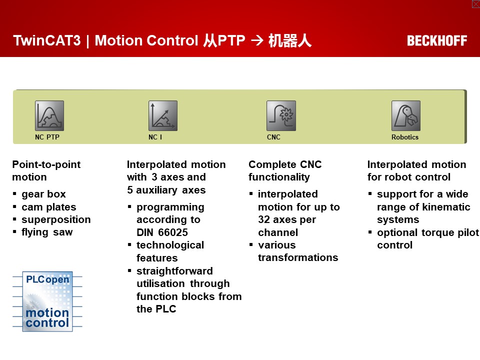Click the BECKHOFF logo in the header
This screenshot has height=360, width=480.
coord(437,40)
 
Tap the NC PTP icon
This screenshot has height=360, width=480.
coord(49,115)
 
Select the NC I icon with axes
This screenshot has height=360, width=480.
coord(163,115)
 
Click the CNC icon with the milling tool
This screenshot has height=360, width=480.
coord(281,115)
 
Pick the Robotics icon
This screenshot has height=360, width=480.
coord(406,115)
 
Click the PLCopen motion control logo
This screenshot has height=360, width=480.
coord(47,301)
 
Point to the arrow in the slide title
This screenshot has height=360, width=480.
coord(257,40)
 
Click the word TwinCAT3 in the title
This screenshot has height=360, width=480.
coord(47,40)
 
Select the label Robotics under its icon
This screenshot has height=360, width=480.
coord(404,137)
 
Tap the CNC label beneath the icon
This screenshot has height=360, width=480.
coord(273,137)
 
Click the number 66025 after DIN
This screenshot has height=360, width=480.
coord(173,232)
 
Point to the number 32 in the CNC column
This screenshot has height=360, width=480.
coord(264,219)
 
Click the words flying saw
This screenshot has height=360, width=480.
coord(47,232)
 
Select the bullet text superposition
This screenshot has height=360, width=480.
coord(56,219)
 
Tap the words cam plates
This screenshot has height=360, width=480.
coord(49,207)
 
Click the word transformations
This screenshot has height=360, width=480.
coord(298,257)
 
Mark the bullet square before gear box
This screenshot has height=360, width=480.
coord(14,194)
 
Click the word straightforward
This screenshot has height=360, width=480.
coord(174,271)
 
